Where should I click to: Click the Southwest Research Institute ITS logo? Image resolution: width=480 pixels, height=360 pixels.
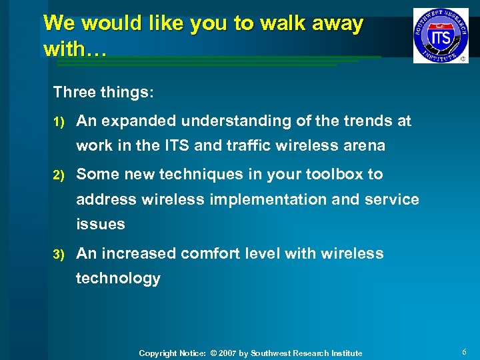coord(440,35)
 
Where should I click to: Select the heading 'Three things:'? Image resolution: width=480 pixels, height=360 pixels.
coord(103,92)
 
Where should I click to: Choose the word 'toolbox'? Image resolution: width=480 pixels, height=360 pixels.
coord(335,175)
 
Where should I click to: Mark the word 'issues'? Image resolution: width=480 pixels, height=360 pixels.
coord(101,224)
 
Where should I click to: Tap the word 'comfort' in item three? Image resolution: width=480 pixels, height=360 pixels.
coord(209,253)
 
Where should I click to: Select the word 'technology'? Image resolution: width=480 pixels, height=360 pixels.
coord(118,278)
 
